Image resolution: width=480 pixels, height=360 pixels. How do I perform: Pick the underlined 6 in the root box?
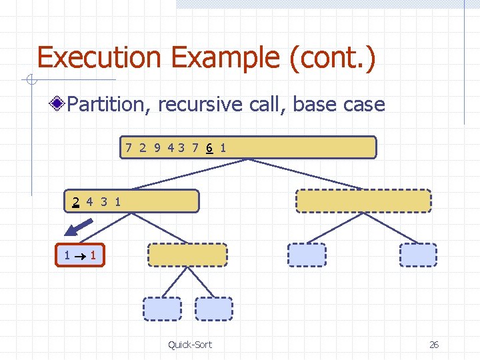tap(209, 147)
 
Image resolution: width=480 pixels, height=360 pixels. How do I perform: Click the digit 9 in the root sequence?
tap(157, 147)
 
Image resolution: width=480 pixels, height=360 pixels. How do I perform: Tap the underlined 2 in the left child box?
tap(77, 201)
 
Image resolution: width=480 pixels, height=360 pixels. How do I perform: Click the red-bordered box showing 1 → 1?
tap(80, 255)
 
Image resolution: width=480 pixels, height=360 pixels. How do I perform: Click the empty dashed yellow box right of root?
tap(363, 201)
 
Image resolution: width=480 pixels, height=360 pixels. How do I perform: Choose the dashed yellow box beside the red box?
tap(187, 255)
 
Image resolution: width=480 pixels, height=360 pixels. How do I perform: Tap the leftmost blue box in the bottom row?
tap(162, 309)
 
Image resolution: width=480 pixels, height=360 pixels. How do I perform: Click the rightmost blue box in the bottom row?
tap(214, 309)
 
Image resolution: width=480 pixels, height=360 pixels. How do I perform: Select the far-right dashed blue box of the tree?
tap(418, 255)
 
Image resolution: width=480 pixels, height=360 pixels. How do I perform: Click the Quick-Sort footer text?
tap(190, 344)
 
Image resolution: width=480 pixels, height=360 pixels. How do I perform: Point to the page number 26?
tap(434, 344)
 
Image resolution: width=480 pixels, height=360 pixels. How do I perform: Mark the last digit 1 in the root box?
tap(223, 147)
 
